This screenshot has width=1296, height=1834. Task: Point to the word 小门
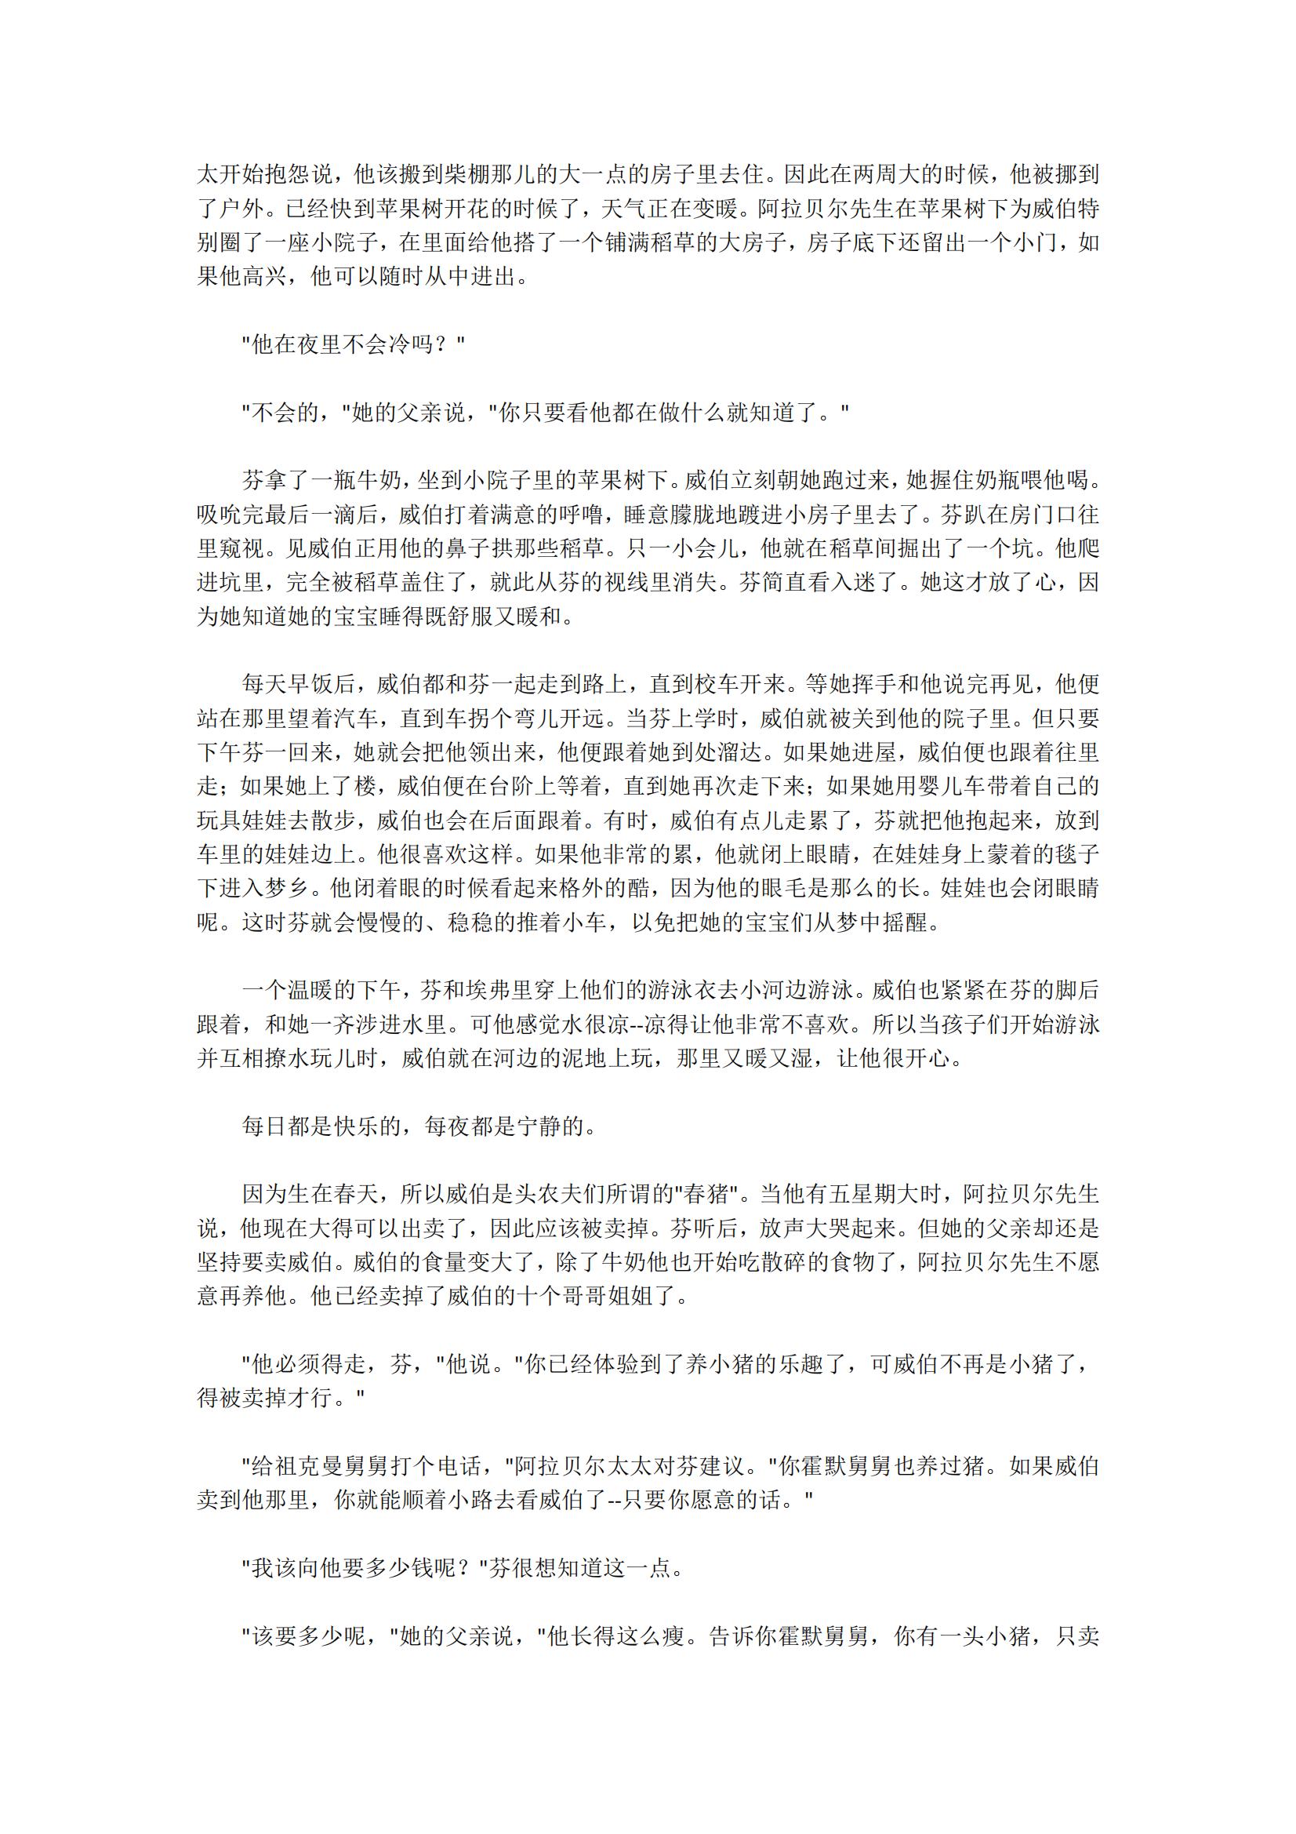tap(1035, 242)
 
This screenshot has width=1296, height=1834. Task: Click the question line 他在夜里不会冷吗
tap(353, 345)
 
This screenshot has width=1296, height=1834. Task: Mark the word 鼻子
tap(489, 548)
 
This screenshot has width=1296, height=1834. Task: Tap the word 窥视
tap(241, 548)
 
